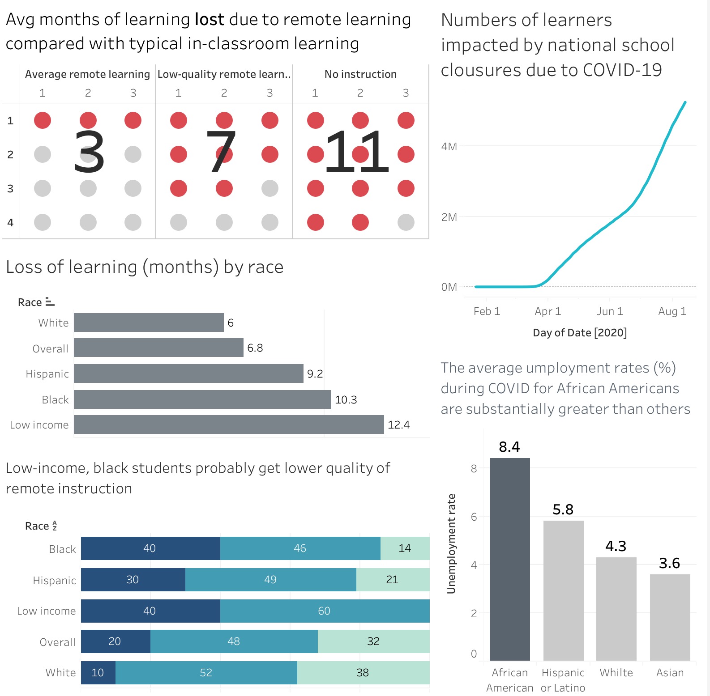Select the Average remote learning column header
87,74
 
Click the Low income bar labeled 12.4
229,424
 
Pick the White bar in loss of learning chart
149,323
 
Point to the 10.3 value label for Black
346,399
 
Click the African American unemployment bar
509,559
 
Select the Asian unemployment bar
670,617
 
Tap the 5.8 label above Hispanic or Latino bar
563,509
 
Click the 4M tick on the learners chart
449,147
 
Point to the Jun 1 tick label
610,311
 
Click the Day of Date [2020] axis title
580,333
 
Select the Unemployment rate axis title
451,543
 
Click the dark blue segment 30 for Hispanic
133,580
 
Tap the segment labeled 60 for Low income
325,611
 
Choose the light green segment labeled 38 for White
363,673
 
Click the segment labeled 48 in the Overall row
234,641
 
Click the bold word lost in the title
210,20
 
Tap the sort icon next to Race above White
50,302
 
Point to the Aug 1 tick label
672,311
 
